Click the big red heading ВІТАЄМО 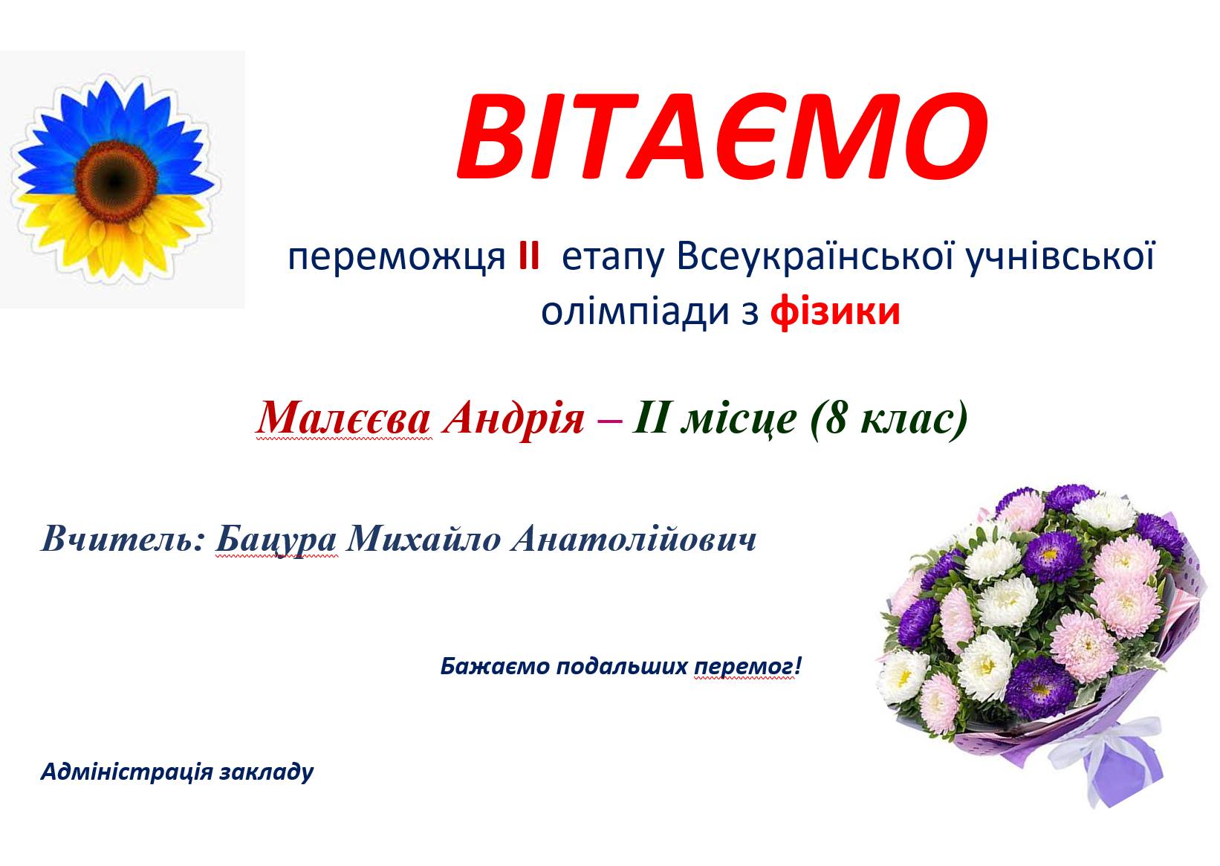722,136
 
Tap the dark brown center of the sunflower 116,181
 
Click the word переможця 397,257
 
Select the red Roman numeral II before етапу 529,256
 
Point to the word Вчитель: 123,540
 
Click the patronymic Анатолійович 634,540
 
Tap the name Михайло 424,540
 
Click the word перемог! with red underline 747,667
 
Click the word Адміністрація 126,772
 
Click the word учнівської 1060,257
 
